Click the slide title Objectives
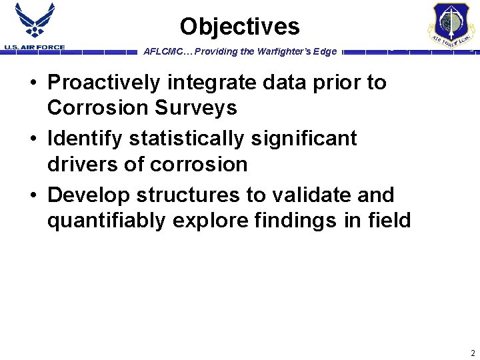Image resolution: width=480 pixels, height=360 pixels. pyautogui.click(x=239, y=27)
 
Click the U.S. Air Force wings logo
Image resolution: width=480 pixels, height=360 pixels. pyautogui.click(x=35, y=22)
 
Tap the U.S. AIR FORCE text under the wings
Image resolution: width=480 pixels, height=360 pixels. pyautogui.click(x=35, y=47)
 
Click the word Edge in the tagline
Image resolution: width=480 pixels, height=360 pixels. pyautogui.click(x=325, y=51)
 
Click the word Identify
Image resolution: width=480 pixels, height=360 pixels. pyautogui.click(x=85, y=139)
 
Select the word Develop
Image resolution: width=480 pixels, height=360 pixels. pyautogui.click(x=89, y=195)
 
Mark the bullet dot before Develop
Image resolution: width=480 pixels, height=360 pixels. pyautogui.click(x=33, y=195)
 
